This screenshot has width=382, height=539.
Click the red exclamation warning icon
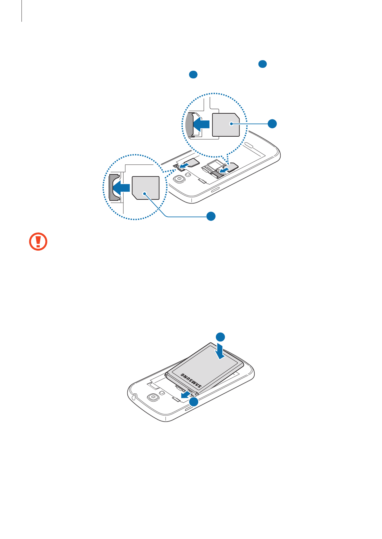pos(38,242)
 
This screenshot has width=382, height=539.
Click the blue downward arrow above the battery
pos(220,351)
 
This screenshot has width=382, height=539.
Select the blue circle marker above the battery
pos(220,337)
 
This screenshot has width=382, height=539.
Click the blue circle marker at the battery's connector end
pos(193,402)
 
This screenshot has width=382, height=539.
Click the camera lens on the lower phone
pos(154,397)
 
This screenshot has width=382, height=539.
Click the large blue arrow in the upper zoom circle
pos(201,124)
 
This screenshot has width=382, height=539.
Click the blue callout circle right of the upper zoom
pos(272,124)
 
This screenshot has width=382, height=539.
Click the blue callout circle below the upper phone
pos(211,216)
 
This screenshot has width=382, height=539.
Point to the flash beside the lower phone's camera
pos(162,393)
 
